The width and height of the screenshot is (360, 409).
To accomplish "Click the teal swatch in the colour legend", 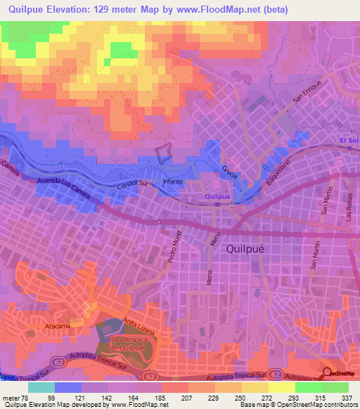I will point(41,387).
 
